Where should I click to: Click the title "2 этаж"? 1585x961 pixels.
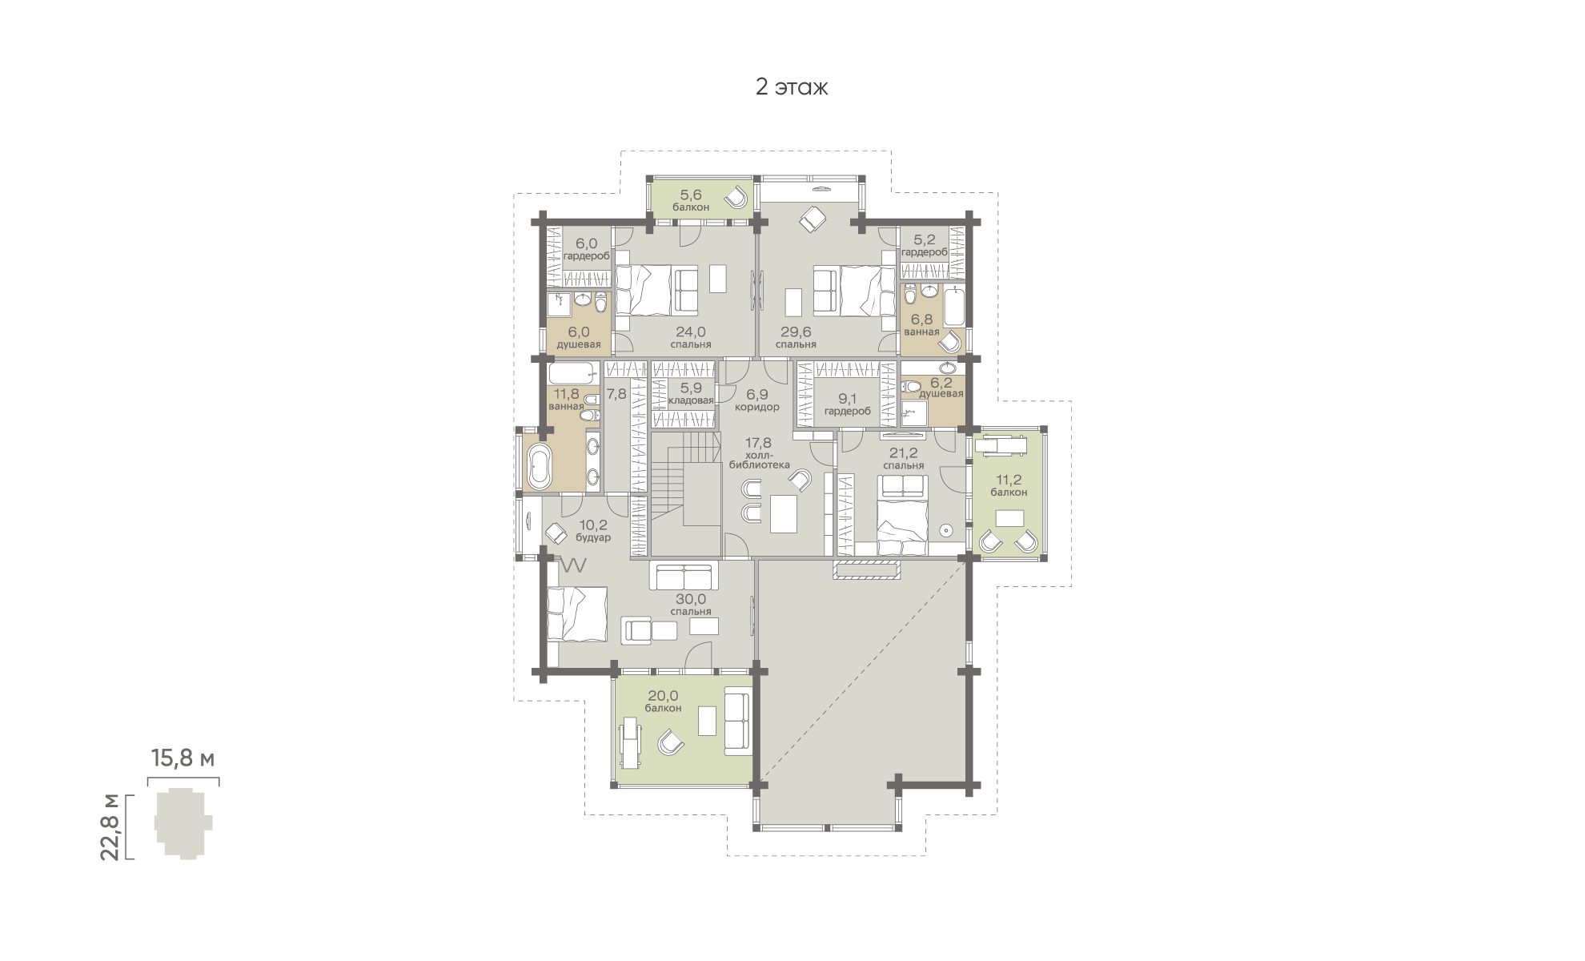tap(792, 87)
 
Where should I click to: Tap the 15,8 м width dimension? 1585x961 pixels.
tap(183, 758)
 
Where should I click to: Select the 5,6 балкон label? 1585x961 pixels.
tap(691, 199)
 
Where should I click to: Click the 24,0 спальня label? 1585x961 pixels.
tap(691, 337)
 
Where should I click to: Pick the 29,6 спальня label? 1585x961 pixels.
tap(797, 337)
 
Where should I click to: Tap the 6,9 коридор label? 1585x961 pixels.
tap(756, 400)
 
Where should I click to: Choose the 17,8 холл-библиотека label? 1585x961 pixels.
tap(759, 452)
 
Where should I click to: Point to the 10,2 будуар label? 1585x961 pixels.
tap(593, 531)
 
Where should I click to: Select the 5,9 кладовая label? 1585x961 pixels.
tap(691, 393)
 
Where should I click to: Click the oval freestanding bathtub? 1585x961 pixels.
tap(539, 467)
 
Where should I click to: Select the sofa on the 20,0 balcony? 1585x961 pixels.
tap(736, 720)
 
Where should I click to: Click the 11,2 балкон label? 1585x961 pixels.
tap(1009, 485)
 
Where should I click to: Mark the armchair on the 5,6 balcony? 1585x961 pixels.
tap(736, 196)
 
